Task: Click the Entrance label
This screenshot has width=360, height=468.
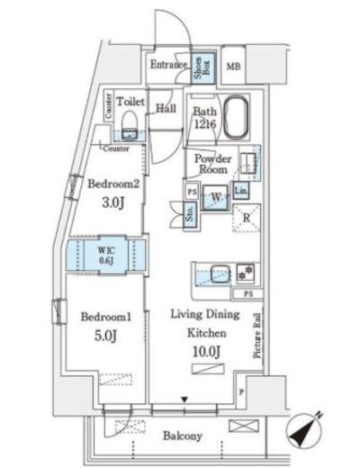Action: pos(167,64)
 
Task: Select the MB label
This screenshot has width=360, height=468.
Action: pos(233,67)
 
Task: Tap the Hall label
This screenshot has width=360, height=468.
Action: pos(166,108)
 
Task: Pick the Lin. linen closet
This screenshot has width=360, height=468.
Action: pos(241,191)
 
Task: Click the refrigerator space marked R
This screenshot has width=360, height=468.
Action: pos(246,216)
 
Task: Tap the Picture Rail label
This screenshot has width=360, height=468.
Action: pos(256,333)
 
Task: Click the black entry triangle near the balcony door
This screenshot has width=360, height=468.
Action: pos(184,399)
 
